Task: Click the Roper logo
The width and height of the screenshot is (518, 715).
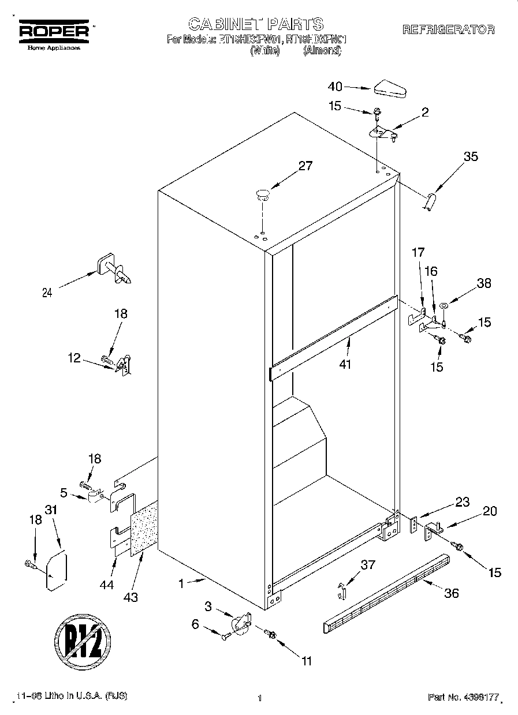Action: click(54, 31)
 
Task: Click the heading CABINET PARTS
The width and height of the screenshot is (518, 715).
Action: click(256, 24)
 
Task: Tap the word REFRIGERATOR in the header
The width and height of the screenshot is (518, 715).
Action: click(448, 29)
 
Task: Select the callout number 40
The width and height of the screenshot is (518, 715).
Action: click(336, 87)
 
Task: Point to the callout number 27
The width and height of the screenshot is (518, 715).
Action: click(305, 166)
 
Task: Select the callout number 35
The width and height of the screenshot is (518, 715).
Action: click(471, 156)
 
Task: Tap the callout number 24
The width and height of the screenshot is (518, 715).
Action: click(47, 293)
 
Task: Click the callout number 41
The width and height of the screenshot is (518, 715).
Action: click(345, 364)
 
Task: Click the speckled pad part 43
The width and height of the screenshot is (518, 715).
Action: click(144, 529)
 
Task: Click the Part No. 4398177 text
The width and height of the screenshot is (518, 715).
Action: click(463, 698)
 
